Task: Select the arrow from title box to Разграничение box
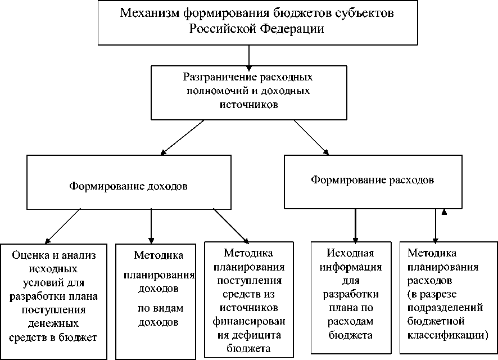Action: pyautogui.click(x=248, y=56)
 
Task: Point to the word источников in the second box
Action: pyautogui.click(x=248, y=103)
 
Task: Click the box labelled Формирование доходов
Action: pyautogui.click(x=129, y=181)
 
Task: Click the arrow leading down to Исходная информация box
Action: pyautogui.click(x=355, y=225)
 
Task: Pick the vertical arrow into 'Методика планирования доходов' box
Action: pyautogui.click(x=151, y=225)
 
